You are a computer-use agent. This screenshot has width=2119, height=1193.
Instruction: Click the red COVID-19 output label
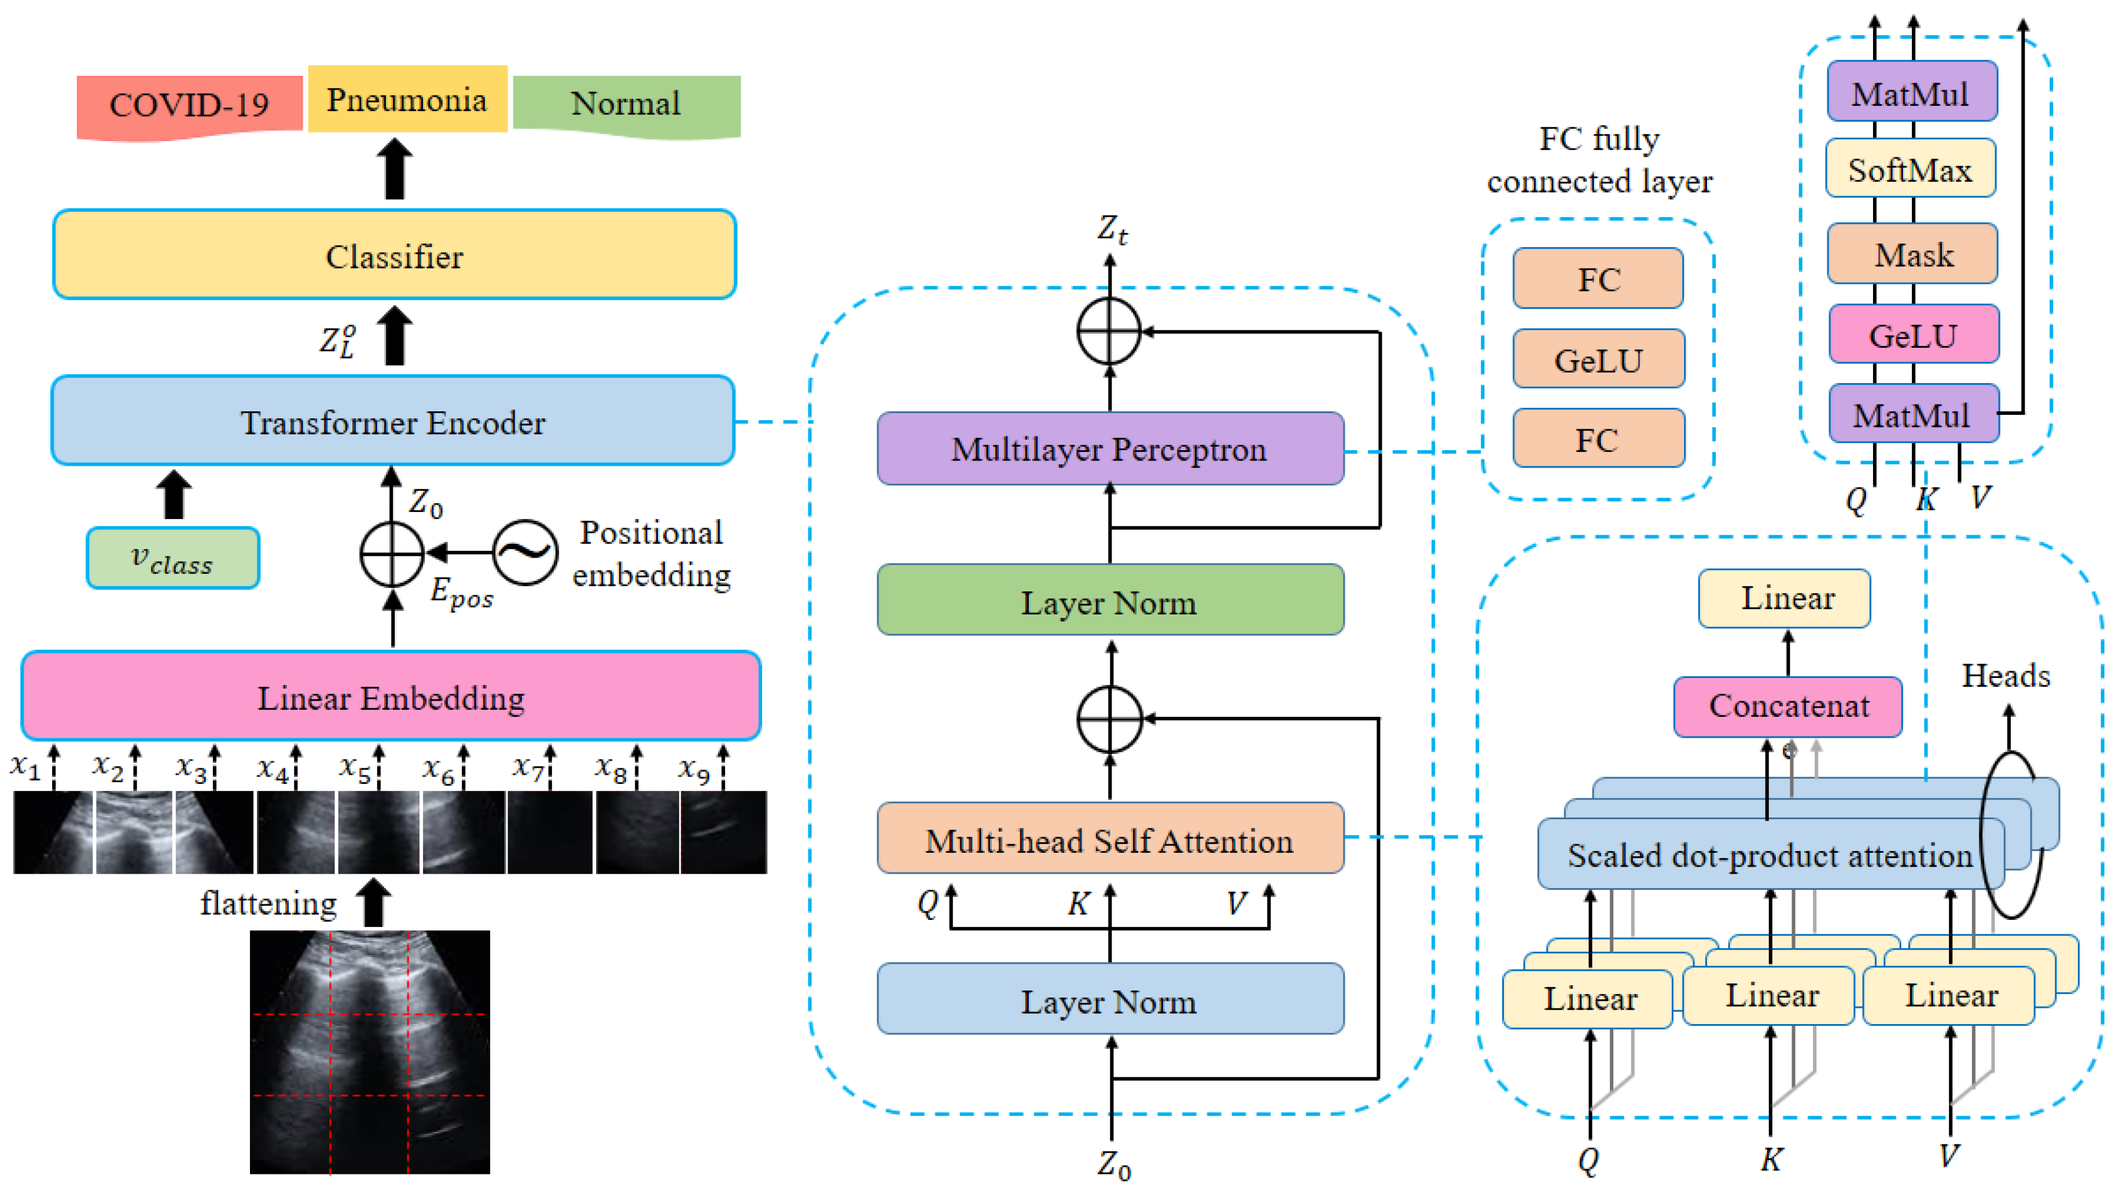[x=189, y=107]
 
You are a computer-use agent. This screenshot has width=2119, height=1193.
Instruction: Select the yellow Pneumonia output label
[x=407, y=99]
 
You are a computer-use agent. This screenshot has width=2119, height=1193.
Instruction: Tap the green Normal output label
[x=627, y=105]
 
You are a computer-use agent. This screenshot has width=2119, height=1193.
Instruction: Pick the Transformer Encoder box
[x=392, y=421]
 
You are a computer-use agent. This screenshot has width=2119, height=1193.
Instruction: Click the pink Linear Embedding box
[x=391, y=696]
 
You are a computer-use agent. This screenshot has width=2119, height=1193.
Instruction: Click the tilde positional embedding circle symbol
[x=525, y=552]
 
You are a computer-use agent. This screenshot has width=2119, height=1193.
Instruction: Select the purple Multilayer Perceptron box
[x=1110, y=448]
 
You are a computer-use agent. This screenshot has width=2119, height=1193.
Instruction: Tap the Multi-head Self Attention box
[x=1110, y=838]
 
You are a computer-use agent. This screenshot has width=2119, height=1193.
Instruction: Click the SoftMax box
[x=1910, y=169]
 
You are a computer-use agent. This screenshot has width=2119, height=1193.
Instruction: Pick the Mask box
[x=1912, y=253]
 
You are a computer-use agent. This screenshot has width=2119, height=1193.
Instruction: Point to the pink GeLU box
[x=1914, y=334]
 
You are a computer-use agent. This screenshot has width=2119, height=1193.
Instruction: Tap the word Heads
[x=2006, y=676]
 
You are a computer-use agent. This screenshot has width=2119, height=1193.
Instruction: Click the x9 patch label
[x=693, y=770]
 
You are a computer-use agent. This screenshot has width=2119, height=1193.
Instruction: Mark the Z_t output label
[x=1112, y=230]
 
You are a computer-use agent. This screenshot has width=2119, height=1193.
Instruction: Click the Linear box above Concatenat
[x=1784, y=598]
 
